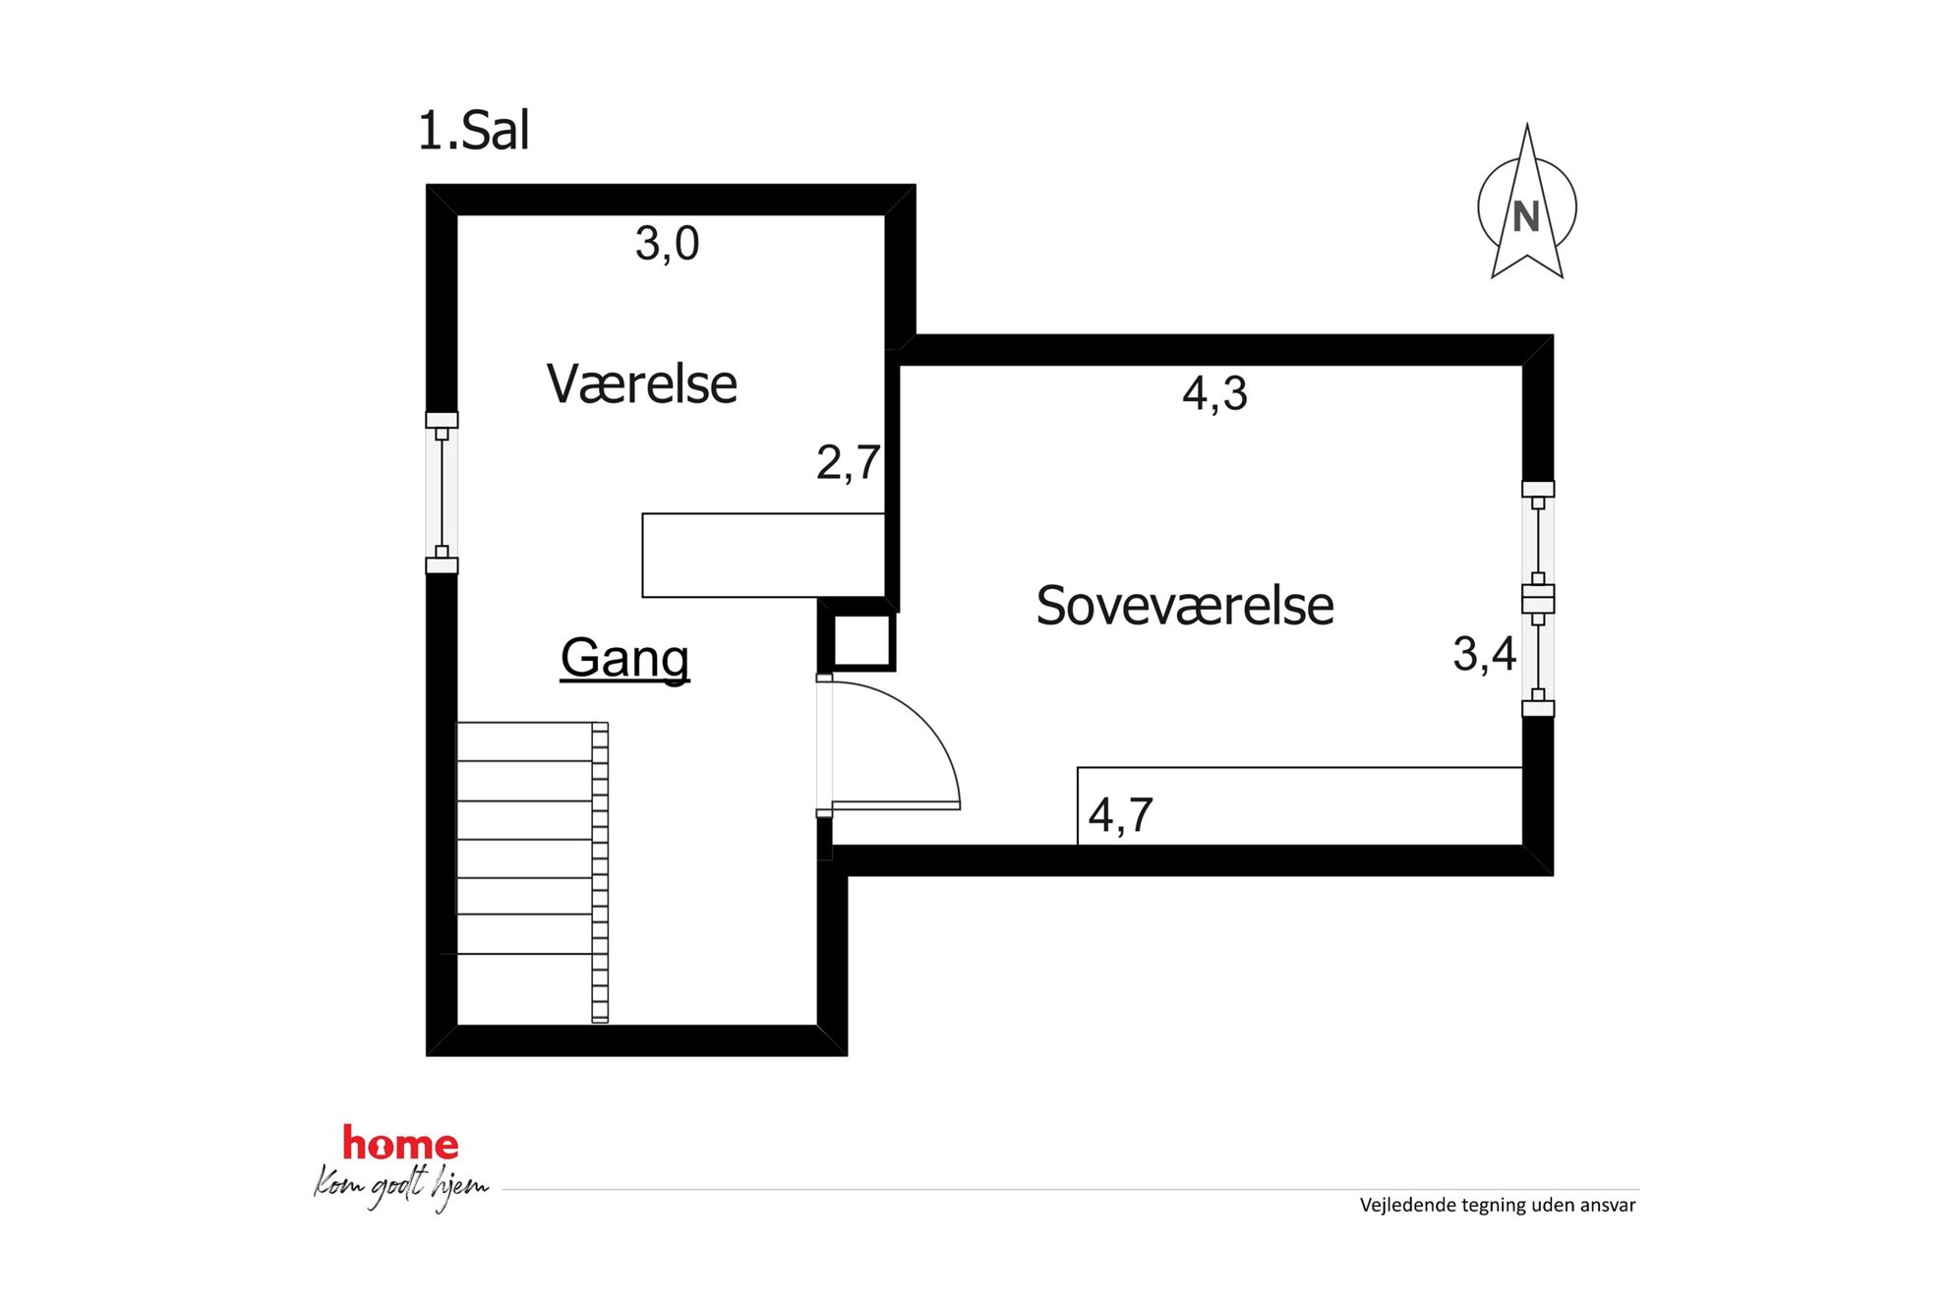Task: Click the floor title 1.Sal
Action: click(473, 131)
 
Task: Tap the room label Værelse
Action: click(641, 384)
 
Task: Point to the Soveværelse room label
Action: click(1185, 606)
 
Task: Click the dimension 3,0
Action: click(667, 244)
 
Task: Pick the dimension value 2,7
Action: click(848, 462)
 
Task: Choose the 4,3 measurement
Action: click(1214, 393)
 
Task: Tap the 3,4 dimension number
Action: click(1485, 654)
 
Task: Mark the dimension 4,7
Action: click(1120, 815)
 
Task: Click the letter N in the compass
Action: click(1526, 217)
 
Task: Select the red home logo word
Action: click(400, 1144)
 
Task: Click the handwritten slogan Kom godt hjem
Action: click(401, 1187)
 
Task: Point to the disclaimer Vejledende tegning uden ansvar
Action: click(1498, 1206)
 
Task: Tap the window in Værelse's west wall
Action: click(442, 493)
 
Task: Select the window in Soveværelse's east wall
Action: click(1538, 599)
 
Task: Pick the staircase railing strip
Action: click(600, 872)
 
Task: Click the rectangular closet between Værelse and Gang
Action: click(763, 556)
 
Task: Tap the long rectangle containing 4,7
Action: click(1300, 806)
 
